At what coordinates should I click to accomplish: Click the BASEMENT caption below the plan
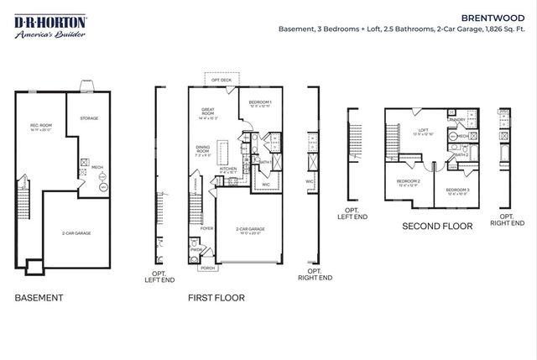coord(39,297)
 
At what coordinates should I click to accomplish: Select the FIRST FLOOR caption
coord(216,297)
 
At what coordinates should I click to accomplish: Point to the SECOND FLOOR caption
coord(437,226)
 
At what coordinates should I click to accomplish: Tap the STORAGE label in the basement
coord(90,118)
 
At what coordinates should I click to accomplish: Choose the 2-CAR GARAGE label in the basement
coord(78,232)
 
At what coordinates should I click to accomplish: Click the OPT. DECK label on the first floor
coord(221,81)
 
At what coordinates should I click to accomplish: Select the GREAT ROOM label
coord(210,113)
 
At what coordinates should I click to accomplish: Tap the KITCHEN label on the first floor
coord(228,168)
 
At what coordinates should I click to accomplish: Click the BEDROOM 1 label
coord(260,102)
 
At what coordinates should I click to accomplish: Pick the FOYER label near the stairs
coord(206,227)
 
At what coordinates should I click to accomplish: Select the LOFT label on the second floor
coord(424,130)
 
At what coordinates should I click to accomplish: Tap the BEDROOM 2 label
coord(407,181)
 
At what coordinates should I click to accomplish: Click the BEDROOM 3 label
coord(456,190)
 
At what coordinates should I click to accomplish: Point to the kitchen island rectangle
coord(225,153)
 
